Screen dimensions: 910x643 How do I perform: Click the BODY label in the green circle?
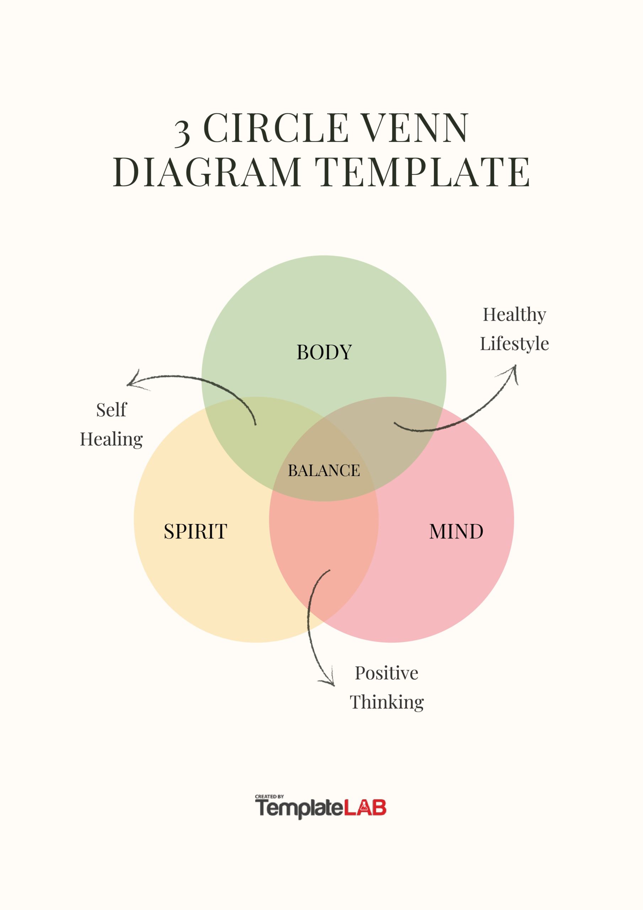[x=324, y=352]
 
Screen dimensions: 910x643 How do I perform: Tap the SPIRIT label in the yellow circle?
[x=195, y=532]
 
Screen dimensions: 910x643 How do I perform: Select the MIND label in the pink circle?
[x=456, y=532]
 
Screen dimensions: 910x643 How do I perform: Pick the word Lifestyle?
[x=514, y=344]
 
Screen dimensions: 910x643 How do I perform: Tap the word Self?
[x=111, y=410]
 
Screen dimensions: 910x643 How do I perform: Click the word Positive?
[x=386, y=673]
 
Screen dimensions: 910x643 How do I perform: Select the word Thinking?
[x=386, y=702]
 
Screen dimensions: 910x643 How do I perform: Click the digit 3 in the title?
[x=182, y=132]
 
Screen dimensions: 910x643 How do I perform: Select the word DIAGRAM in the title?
[x=207, y=172]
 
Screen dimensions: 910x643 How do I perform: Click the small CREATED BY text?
[x=269, y=796]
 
